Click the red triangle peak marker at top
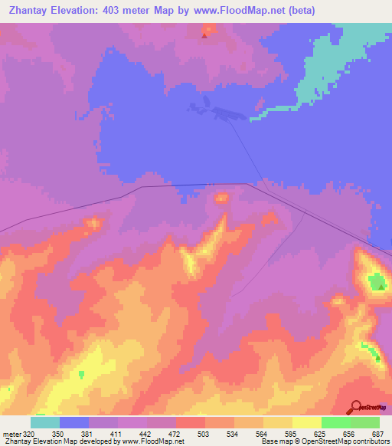pos(204,34)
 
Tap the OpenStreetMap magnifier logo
pos(356,407)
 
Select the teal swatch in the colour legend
pos(45,422)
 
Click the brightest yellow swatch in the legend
pos(306,422)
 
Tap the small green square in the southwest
pos(82,374)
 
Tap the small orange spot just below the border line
pos(222,198)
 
